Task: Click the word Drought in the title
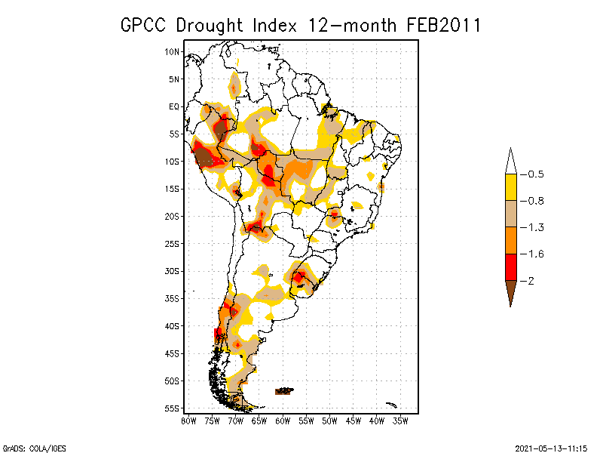point(211,25)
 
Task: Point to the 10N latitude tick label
point(173,51)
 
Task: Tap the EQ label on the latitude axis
point(174,106)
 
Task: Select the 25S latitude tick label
point(173,243)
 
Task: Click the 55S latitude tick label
point(173,408)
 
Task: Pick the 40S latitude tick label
point(173,325)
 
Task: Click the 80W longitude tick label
point(188,421)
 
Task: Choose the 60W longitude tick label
point(283,421)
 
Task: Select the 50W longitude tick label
point(329,421)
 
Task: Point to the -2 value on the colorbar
point(529,280)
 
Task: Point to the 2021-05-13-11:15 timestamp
point(550,447)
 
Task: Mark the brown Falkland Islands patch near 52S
point(284,391)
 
